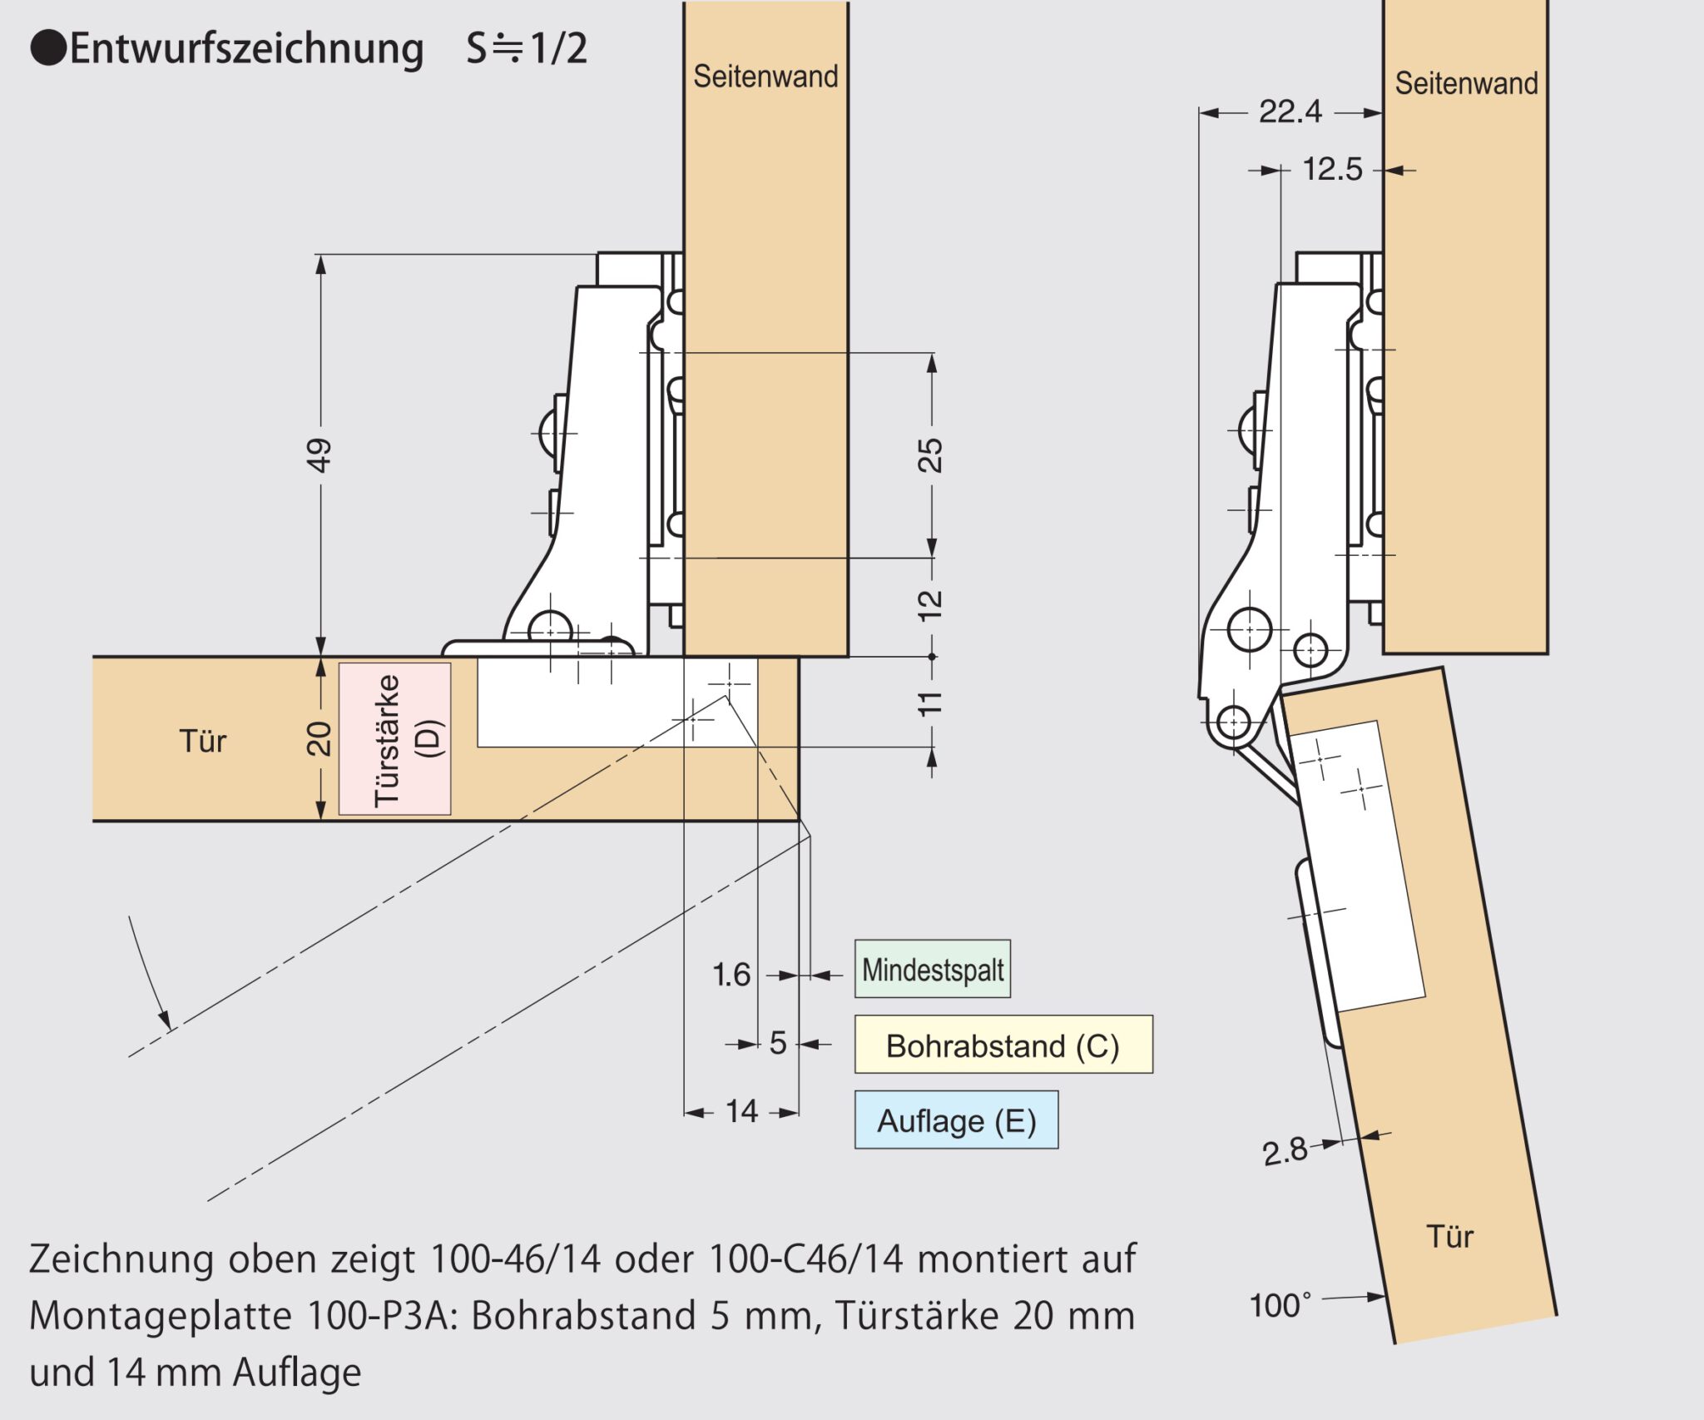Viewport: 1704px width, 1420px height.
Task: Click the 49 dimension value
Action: [319, 455]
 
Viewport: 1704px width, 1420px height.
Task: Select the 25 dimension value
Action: [930, 455]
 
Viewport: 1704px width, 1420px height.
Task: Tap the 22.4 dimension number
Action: [1290, 112]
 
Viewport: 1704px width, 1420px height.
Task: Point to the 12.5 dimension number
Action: [1332, 170]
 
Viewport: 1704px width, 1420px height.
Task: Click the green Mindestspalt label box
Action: [932, 970]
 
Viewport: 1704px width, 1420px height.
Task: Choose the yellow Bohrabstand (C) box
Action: [1003, 1045]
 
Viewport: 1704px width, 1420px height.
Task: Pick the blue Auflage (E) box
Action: [956, 1121]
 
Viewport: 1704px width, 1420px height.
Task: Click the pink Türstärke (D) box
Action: [395, 739]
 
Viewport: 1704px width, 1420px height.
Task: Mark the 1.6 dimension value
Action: [731, 975]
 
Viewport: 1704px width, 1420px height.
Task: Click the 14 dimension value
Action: [741, 1112]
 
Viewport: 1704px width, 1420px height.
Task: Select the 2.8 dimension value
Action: [1285, 1152]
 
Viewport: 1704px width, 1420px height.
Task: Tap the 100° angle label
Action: [1280, 1305]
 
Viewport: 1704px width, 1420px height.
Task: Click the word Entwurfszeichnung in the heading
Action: [246, 48]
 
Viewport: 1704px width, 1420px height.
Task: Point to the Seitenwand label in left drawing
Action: [765, 77]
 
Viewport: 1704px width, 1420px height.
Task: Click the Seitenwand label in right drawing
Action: [1466, 83]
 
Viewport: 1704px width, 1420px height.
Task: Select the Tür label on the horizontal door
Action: [203, 741]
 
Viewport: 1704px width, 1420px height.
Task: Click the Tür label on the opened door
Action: [1449, 1237]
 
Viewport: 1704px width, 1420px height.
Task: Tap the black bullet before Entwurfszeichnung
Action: [47, 48]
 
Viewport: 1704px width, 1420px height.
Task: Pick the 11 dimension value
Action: [930, 703]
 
